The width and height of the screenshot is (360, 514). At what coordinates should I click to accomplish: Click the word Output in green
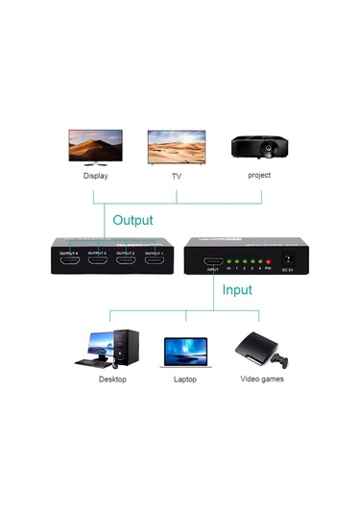[132, 220]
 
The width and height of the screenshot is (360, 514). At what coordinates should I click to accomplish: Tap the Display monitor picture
[94, 149]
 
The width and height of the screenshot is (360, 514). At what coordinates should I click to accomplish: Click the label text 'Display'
[95, 177]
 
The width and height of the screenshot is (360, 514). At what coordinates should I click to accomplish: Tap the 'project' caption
[258, 176]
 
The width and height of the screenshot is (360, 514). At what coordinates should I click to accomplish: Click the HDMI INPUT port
[212, 261]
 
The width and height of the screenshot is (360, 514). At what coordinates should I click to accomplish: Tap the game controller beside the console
[279, 361]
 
